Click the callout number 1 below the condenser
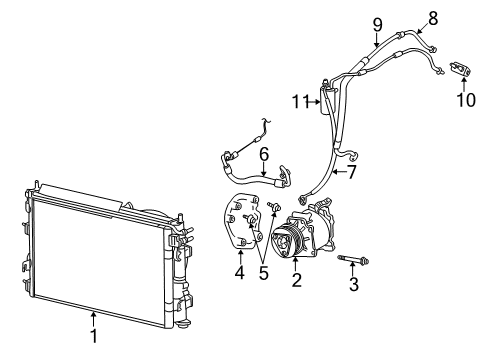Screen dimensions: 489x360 [94, 336]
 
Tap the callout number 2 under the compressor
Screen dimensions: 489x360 [296, 280]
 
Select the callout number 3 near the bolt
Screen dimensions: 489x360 [354, 284]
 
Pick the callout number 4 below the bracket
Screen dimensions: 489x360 [239, 272]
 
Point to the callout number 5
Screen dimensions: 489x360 [263, 273]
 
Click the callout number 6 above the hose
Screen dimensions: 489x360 [264, 154]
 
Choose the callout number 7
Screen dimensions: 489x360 [351, 172]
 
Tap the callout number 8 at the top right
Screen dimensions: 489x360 [433, 18]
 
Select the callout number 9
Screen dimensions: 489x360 [377, 25]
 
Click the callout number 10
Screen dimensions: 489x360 [466, 100]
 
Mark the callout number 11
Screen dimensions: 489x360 [300, 102]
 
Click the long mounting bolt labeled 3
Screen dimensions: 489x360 [353, 259]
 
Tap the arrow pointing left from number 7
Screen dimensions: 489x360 [339, 172]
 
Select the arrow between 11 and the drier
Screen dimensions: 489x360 [314, 102]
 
